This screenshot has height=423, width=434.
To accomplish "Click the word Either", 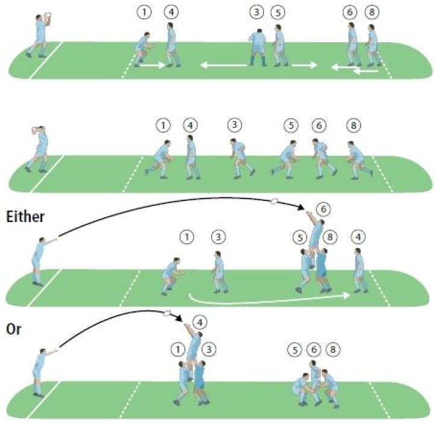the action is tap(25, 217).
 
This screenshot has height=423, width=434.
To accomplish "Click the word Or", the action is tap(13, 329).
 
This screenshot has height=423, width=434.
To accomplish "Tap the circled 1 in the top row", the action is tap(144, 12).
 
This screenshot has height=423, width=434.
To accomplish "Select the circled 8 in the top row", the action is tap(372, 13).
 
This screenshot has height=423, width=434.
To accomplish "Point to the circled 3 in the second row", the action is tap(234, 125).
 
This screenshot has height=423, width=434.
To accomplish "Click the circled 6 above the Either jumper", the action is tap(324, 209).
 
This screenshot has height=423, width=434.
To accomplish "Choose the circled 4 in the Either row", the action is tap(358, 237).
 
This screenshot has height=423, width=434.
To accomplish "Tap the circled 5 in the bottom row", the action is tap(295, 350).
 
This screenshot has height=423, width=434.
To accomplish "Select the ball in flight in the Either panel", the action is tap(275, 201).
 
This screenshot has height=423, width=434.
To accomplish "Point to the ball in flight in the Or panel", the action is tap(167, 314).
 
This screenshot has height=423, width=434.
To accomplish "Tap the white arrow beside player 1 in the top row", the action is tap(153, 65).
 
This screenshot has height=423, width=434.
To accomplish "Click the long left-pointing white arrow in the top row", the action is tap(224, 65).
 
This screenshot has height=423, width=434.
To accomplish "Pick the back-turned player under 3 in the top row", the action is tap(258, 47).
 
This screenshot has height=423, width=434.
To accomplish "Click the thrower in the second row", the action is tap(39, 150).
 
